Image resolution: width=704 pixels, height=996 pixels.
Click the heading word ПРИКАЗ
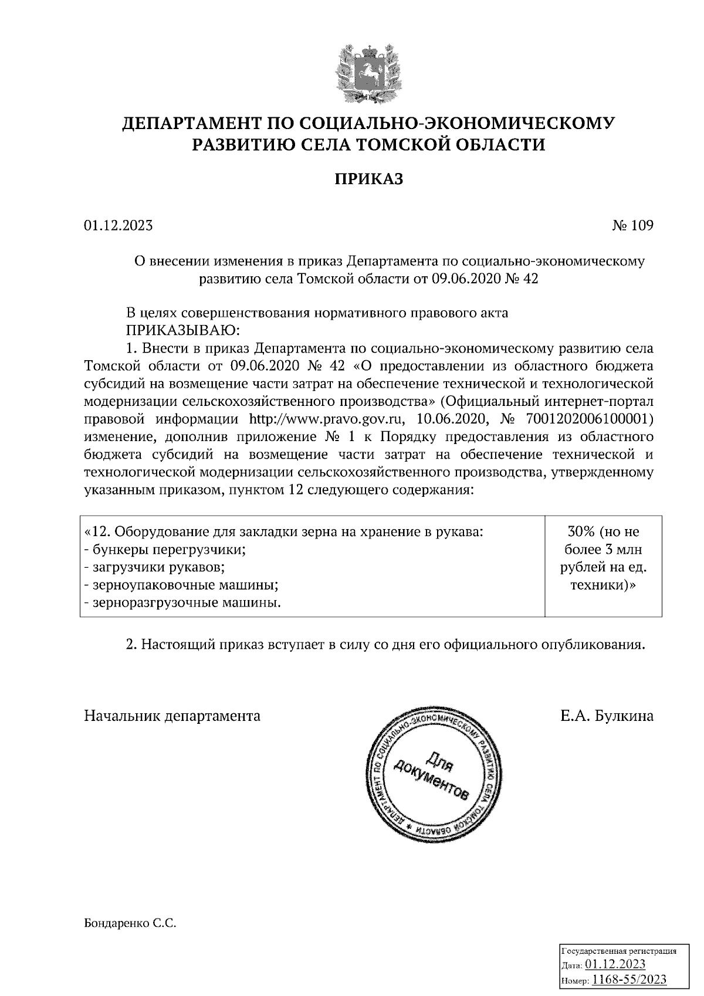[x=369, y=179]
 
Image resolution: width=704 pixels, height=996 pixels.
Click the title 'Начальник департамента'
[x=172, y=716]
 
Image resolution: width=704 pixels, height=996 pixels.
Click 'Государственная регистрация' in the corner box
[x=620, y=951]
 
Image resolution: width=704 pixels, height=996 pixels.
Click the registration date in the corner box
[x=615, y=965]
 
